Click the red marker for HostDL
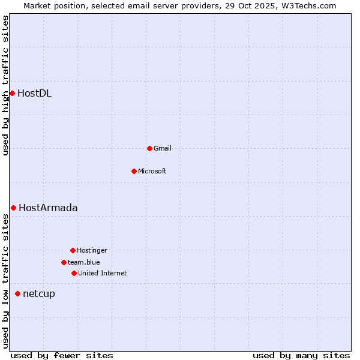coord(12,93)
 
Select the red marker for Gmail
coord(149,148)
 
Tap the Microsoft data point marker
coord(134,171)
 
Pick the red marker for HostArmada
coord(13,208)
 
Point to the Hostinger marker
coord(73,250)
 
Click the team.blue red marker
coord(64,262)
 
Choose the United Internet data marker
coord(74,273)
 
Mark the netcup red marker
coord(17,293)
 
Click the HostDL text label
coord(34,93)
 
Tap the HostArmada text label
coord(48,208)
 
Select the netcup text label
coord(38,294)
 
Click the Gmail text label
coord(162,149)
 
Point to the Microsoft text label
coord(152,172)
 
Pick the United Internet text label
coord(102,274)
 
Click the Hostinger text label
coord(92,251)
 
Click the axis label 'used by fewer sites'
coord(62,356)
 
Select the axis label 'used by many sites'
coord(301,356)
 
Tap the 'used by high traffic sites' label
coord(5,85)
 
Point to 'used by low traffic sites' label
coord(5,281)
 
